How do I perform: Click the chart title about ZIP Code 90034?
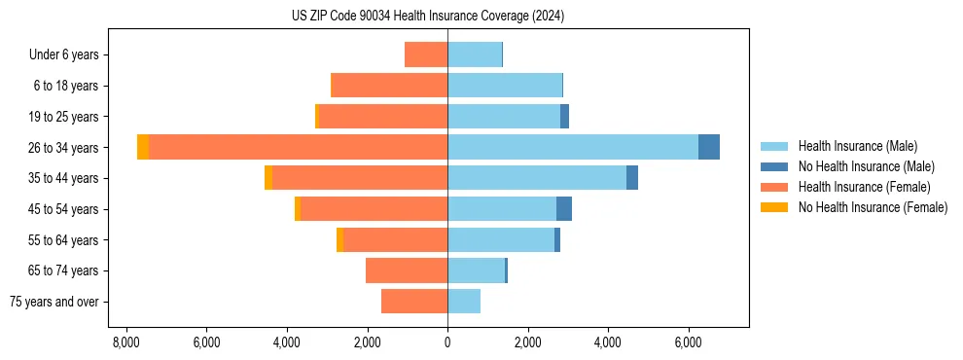428,17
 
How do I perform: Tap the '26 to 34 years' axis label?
64,148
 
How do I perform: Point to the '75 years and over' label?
54,302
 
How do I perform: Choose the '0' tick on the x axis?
447,342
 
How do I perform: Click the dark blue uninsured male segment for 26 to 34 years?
709,147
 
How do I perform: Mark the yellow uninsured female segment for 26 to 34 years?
143,147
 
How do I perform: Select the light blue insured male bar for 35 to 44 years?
537,178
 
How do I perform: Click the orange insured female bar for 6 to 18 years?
389,86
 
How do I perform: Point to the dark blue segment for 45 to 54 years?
564,209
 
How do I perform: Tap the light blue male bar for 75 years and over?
464,302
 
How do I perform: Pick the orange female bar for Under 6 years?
426,54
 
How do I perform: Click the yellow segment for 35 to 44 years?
268,178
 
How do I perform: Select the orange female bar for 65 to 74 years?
407,270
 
